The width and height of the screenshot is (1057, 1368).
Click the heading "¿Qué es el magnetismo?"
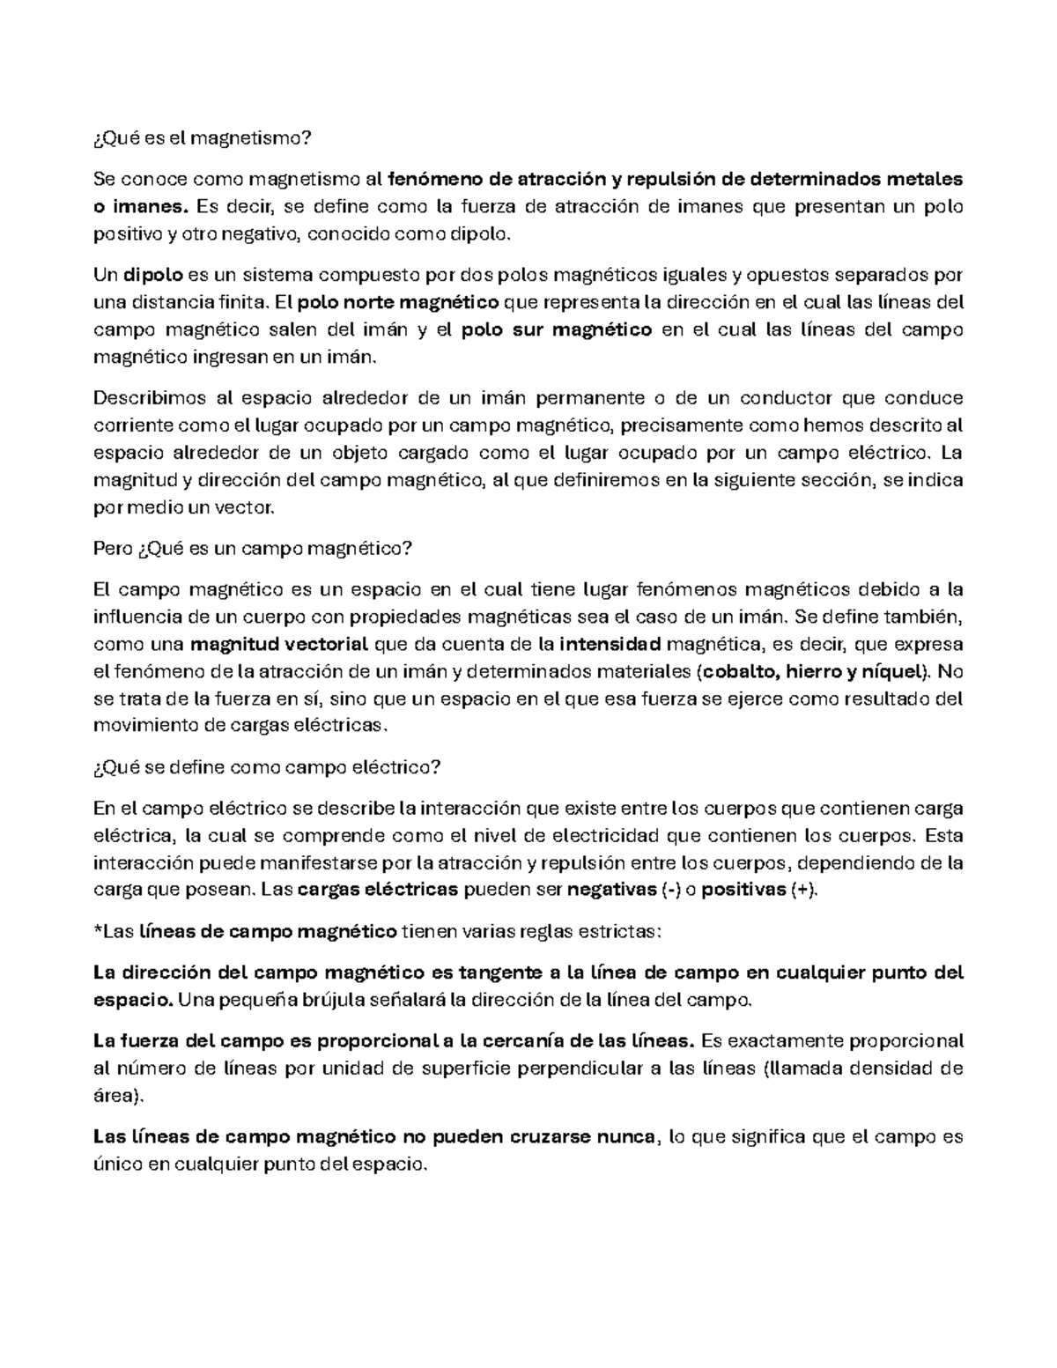pyautogui.click(x=203, y=138)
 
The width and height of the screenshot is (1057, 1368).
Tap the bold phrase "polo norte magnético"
pyautogui.click(x=399, y=303)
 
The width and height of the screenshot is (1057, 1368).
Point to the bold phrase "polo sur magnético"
pyautogui.click(x=557, y=329)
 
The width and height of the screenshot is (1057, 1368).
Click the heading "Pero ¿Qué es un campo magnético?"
pyautogui.click(x=252, y=548)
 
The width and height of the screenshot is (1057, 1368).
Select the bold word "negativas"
pyautogui.click(x=610, y=890)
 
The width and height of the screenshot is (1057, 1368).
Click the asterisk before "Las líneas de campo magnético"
pyautogui.click(x=96, y=930)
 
